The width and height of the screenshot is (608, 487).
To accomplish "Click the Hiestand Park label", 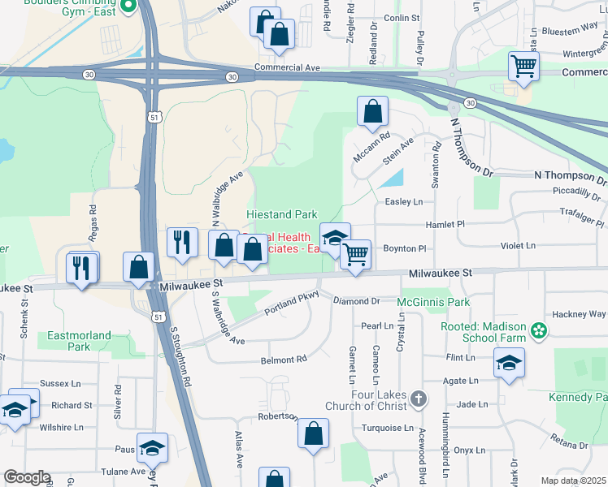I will [281, 214].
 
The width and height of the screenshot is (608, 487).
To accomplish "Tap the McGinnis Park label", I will [434, 302].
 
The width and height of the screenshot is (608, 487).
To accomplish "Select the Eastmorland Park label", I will [79, 339].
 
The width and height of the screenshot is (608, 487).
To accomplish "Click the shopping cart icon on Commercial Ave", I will [524, 67].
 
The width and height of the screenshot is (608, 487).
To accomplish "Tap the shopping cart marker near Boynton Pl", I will [355, 254].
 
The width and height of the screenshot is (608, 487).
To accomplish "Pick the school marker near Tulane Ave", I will [151, 448].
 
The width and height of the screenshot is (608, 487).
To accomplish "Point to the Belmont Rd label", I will [284, 359].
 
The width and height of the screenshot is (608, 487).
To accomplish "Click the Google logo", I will [28, 477].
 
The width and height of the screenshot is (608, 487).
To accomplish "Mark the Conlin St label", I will [402, 17].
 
